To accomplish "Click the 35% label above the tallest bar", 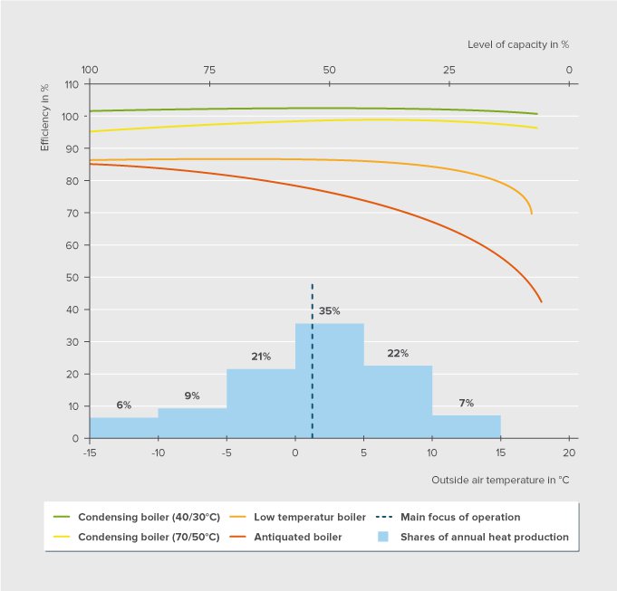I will coord(329,311).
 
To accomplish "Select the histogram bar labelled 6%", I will coord(123,428).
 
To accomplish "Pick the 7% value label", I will coord(467,403).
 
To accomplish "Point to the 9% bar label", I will coord(192,396).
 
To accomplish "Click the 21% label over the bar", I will coord(261,357).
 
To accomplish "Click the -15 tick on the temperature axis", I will coord(90,452).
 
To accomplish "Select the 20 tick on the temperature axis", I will coord(569,452).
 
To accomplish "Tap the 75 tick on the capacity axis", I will coord(209,70).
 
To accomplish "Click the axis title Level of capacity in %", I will coord(517,43).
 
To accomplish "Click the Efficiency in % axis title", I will coord(44,117).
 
